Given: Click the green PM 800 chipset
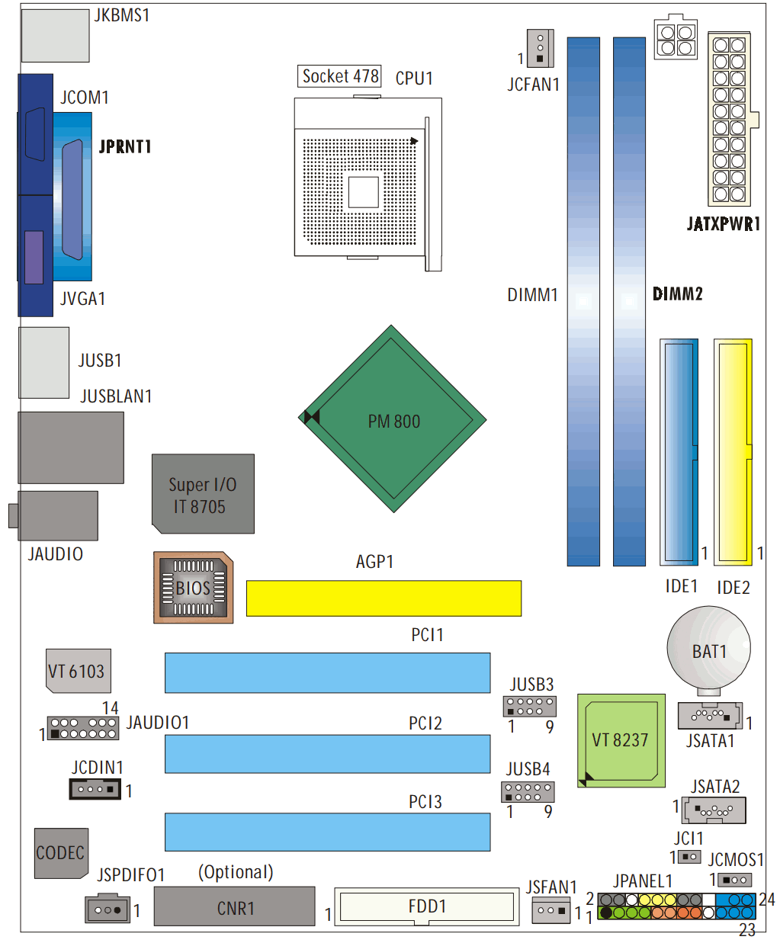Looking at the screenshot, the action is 392,419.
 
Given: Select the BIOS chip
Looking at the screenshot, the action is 194,588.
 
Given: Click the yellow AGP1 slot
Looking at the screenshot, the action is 384,598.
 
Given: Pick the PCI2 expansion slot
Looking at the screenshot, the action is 327,754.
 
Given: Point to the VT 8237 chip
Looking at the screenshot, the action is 621,741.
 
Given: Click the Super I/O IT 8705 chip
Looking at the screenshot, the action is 203,494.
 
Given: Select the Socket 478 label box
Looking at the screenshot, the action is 339,76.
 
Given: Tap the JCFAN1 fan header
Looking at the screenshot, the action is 540,48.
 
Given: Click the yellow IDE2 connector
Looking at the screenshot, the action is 733,452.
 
